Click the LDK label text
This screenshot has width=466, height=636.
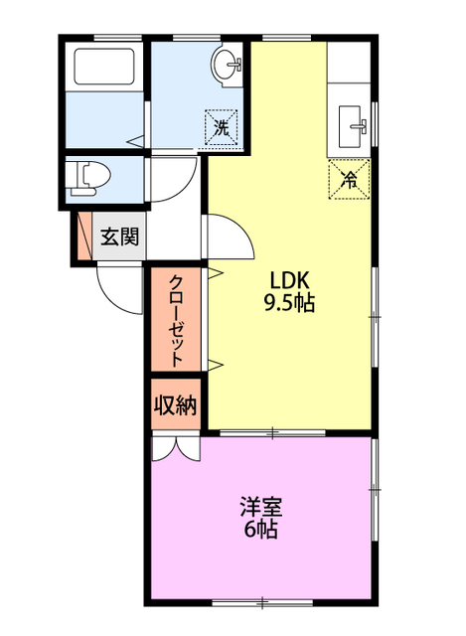tap(289, 280)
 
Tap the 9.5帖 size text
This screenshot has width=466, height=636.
tap(289, 302)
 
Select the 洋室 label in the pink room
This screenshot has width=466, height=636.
tap(261, 507)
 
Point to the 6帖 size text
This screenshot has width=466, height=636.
tap(260, 530)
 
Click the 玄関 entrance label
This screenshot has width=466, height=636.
tap(119, 237)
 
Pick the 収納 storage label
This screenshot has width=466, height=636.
tap(175, 404)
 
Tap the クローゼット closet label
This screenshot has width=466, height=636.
tap(175, 320)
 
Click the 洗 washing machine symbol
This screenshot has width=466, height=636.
tap(222, 127)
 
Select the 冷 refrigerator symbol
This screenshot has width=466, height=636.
tap(349, 179)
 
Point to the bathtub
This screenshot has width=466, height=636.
tap(104, 67)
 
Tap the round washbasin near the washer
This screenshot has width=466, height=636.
tap(227, 64)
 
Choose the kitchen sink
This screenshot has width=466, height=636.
tap(352, 126)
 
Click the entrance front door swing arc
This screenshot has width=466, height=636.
tap(116, 299)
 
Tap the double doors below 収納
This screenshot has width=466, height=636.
tap(176, 448)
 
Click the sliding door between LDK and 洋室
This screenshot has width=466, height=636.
tap(272, 433)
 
